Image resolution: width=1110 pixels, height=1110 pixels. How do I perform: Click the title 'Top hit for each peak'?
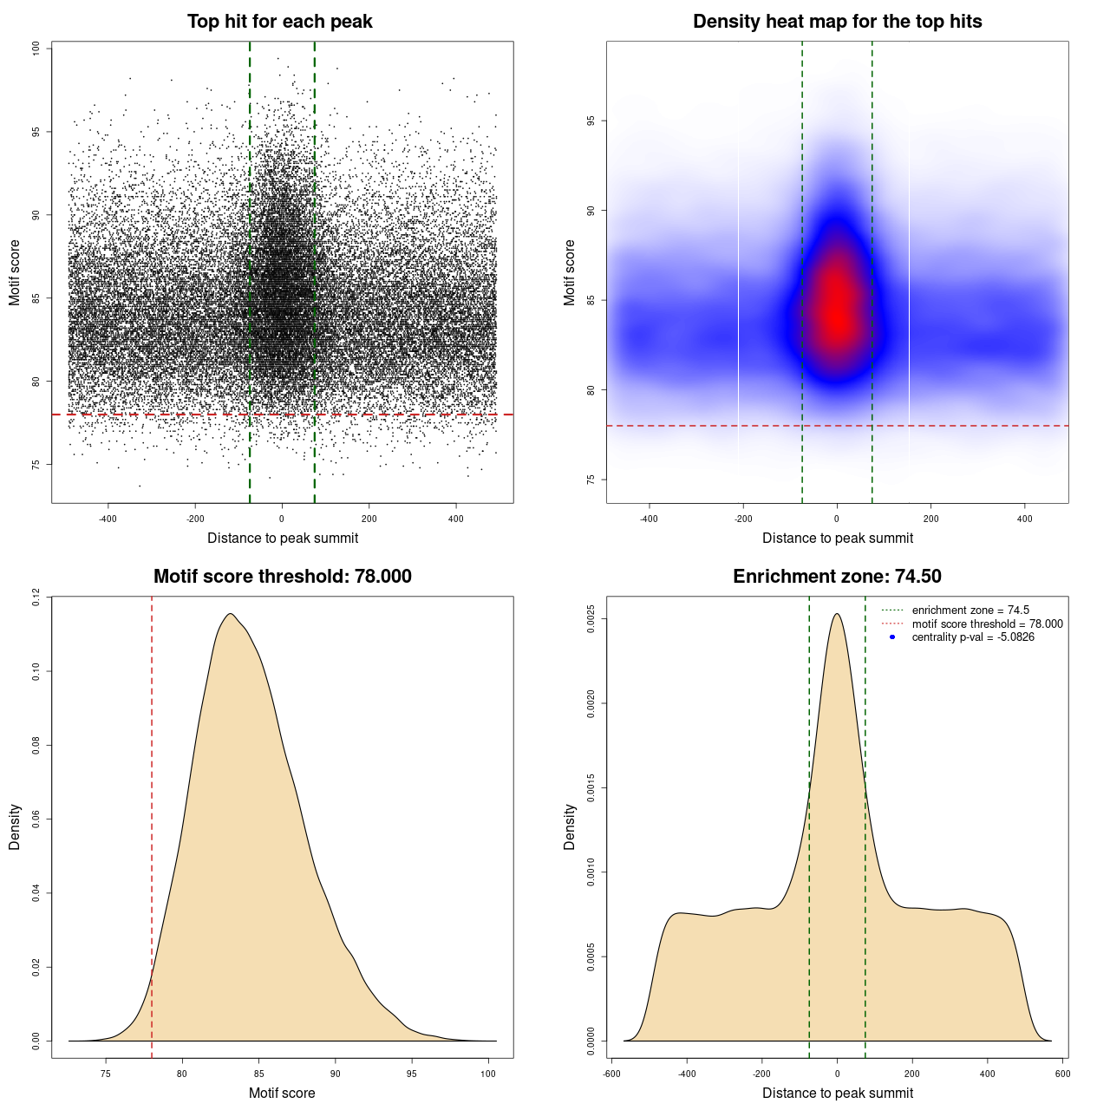[x=279, y=22]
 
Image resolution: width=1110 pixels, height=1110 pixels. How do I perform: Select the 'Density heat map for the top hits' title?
[x=837, y=22]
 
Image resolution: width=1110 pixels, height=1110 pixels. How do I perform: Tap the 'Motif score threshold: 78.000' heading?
[x=282, y=577]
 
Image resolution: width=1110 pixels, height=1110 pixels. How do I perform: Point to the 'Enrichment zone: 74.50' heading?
[x=837, y=577]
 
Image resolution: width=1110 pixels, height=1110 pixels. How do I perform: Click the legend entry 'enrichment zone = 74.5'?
[x=970, y=610]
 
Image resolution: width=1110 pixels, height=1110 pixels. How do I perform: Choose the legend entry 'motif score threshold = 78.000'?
[x=987, y=624]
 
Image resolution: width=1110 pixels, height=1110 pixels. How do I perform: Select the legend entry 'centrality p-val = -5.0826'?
[x=972, y=637]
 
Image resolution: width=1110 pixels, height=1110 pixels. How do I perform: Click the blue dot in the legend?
[x=892, y=637]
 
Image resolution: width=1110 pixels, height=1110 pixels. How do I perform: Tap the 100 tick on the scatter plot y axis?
[x=36, y=49]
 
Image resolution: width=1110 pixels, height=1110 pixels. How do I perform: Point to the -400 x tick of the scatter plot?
[x=108, y=519]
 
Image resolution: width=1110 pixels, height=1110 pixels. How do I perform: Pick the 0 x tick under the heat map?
[x=837, y=519]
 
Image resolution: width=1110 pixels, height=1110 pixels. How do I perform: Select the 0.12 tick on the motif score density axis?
[x=36, y=597]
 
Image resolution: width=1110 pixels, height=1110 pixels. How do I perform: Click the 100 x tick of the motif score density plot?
[x=488, y=1074]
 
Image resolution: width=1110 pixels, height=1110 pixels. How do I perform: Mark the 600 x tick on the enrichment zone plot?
[x=1062, y=1074]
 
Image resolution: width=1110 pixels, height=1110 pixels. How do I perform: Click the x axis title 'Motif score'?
[x=282, y=1093]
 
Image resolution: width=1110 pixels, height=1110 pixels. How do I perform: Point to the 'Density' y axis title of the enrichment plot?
[x=570, y=826]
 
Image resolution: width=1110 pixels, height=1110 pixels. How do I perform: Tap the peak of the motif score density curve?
[x=230, y=614]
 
